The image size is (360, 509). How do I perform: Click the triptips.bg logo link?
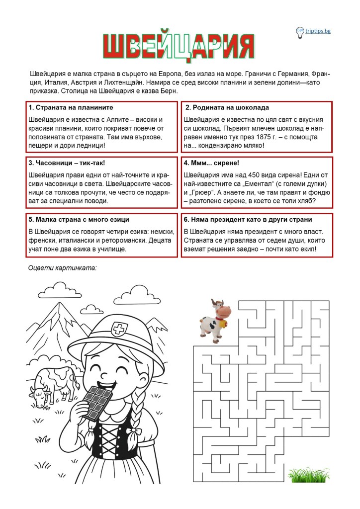pyautogui.click(x=318, y=31)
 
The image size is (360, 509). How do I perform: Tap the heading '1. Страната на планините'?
pyautogui.click(x=71, y=107)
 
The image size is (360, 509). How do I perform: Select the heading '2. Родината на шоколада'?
pyautogui.click(x=227, y=107)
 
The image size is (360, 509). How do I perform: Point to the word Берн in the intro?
pyautogui.click(x=168, y=91)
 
